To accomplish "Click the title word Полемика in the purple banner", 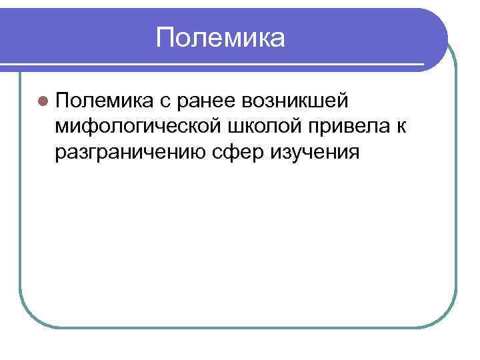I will click(221, 38).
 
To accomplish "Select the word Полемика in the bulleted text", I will click(104, 101).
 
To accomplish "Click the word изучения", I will click(315, 152).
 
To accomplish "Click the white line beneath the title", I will click(220, 65).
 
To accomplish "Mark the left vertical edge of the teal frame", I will click(19, 200).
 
